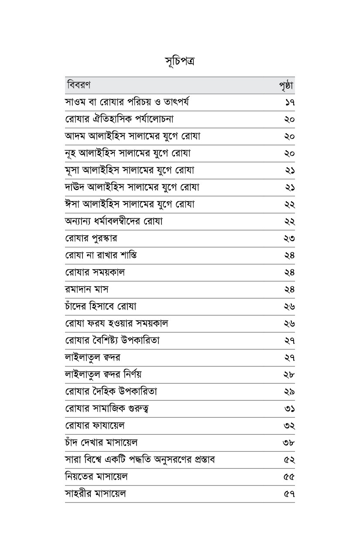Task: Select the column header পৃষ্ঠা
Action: coord(286,86)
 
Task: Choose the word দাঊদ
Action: coord(75,187)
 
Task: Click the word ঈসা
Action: coord(73,204)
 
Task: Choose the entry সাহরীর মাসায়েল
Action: coord(95,494)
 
